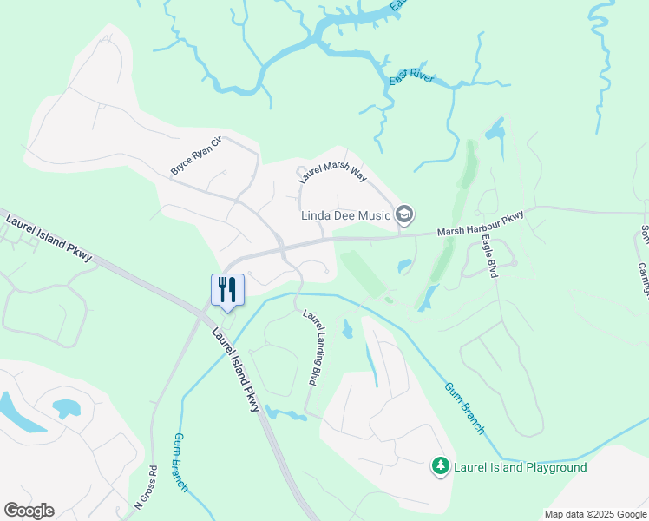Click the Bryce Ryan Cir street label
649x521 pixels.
[196, 155]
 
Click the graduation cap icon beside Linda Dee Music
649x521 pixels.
[404, 214]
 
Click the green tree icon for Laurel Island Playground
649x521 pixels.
[441, 467]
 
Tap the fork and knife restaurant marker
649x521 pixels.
[226, 289]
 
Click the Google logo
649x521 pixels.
[29, 511]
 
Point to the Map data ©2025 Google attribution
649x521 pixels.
[594, 514]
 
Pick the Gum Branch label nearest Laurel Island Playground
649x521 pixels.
[464, 408]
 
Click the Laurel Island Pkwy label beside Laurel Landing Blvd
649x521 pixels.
[235, 368]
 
